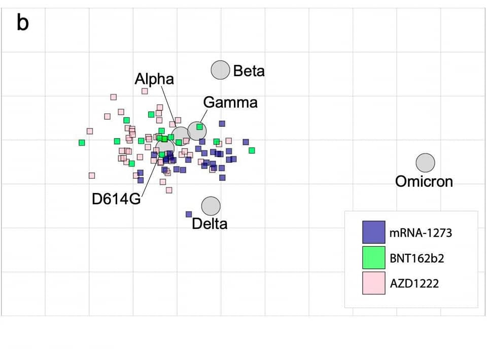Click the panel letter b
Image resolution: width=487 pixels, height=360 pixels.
(x=23, y=23)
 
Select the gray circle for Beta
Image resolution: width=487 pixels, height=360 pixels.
(x=221, y=70)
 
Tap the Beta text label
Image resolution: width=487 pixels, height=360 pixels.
(x=249, y=71)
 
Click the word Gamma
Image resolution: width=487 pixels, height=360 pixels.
(x=230, y=103)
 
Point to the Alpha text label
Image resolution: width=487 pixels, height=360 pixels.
(x=154, y=79)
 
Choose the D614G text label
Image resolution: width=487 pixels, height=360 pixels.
(x=116, y=199)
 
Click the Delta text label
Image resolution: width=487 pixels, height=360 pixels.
(x=210, y=223)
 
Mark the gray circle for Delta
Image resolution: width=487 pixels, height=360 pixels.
(x=211, y=206)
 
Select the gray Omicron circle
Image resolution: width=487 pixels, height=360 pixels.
(x=426, y=163)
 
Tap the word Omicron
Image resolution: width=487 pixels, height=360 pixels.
(x=424, y=181)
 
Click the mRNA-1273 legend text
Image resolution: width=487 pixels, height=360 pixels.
(x=421, y=233)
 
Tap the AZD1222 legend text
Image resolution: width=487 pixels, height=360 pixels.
(x=414, y=283)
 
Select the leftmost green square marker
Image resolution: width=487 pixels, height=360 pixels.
(x=82, y=143)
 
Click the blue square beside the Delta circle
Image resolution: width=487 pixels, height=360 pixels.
(x=189, y=214)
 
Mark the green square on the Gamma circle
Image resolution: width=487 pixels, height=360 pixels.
(x=200, y=127)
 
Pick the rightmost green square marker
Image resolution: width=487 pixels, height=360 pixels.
(x=252, y=150)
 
